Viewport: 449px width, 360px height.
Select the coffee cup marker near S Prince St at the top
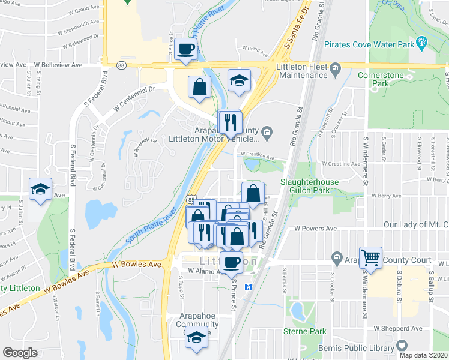(x=186, y=49)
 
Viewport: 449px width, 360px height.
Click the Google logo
(x=20, y=353)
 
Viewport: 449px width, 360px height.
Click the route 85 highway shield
(x=190, y=197)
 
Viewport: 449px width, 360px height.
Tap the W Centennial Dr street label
(x=134, y=98)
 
